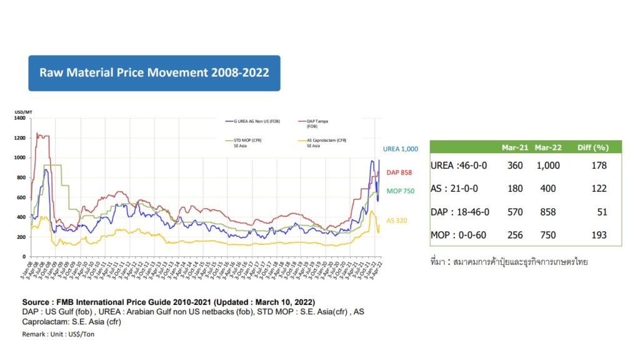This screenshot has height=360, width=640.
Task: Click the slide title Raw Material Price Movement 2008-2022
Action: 154,72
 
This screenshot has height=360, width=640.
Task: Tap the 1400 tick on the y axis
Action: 19,118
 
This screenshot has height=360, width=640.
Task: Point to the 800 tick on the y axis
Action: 21,177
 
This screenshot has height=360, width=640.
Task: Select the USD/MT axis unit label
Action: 23,112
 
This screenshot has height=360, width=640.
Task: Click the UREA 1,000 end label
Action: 400,149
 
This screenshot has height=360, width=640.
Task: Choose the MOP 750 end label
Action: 400,191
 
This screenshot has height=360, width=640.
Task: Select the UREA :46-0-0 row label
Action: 459,166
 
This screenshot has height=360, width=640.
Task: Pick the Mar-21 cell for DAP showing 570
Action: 514,212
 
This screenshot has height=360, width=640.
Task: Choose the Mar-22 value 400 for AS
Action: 547,189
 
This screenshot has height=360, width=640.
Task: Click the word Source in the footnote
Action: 37,302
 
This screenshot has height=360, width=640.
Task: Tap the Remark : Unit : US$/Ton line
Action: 58,334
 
